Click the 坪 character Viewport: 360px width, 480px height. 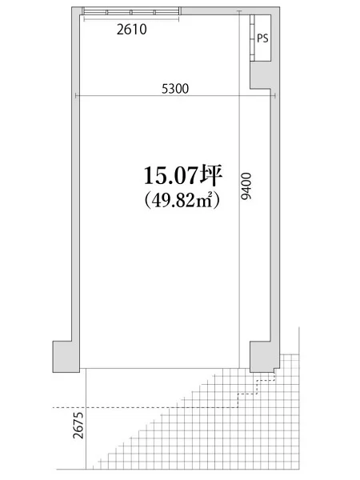click(211, 175)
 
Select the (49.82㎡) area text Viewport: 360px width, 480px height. click(182, 202)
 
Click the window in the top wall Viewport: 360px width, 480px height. click(130, 10)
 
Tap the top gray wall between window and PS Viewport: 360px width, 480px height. click(213, 10)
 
